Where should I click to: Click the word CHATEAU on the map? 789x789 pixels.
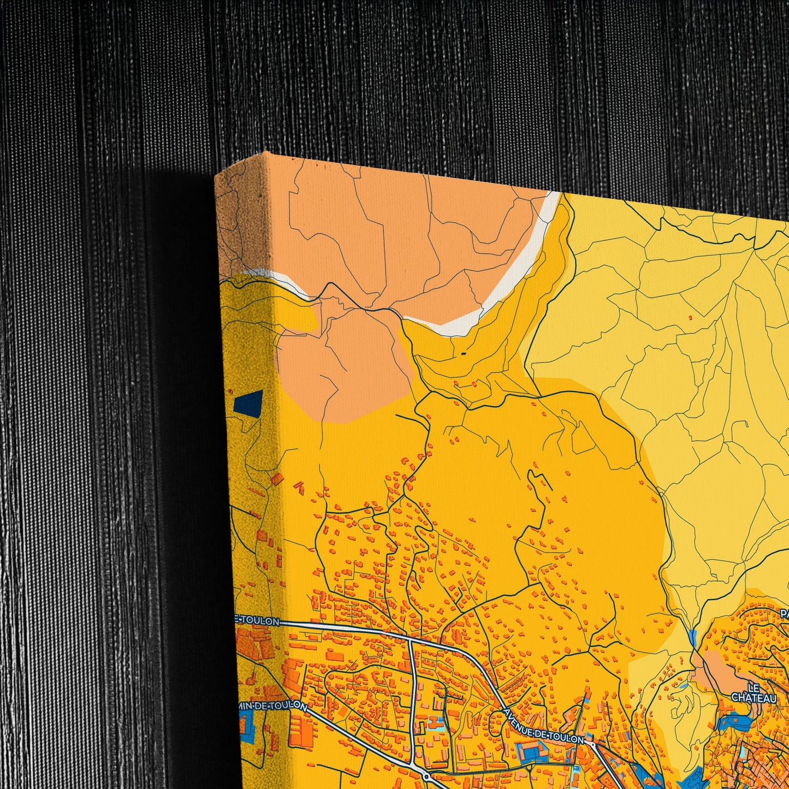(754, 698)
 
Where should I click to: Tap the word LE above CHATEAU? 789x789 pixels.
(754, 688)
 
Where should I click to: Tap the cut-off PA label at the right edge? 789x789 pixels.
(784, 614)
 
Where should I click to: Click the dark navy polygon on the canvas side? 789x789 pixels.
(248, 402)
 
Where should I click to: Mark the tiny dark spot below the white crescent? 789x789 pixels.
(464, 354)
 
